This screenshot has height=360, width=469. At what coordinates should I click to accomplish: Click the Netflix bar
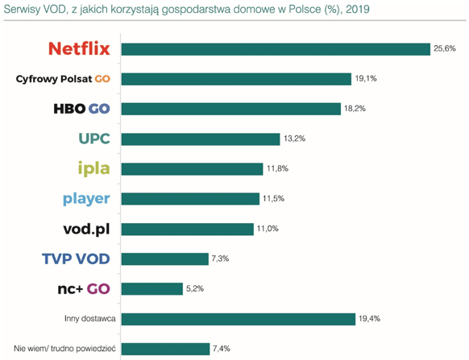tap(276, 49)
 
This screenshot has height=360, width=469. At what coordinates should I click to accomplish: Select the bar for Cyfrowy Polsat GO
tap(236, 79)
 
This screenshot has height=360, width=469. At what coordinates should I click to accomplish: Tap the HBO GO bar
tap(231, 109)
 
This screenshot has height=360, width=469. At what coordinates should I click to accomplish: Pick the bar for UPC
tap(201, 139)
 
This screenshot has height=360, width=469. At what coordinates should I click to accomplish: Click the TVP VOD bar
tap(165, 259)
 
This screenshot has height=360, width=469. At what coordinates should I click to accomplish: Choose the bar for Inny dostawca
tap(239, 319)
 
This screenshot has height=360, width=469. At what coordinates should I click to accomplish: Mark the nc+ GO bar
tap(152, 289)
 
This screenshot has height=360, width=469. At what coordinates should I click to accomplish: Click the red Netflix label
tap(79, 48)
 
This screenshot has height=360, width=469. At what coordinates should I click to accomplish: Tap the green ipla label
tap(94, 168)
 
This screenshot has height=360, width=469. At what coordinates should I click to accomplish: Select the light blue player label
tap(86, 199)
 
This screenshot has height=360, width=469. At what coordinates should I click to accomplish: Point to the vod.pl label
tap(86, 229)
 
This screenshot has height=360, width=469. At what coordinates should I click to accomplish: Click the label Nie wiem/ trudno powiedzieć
tap(64, 349)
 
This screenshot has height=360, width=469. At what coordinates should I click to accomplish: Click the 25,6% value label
tap(445, 48)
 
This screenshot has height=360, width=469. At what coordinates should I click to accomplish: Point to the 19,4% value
tap(369, 318)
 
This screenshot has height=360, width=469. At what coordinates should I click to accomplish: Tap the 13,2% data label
tap(294, 139)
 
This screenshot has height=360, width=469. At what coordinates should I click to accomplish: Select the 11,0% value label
tap(268, 229)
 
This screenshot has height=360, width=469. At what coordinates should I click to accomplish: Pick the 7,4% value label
tap(222, 349)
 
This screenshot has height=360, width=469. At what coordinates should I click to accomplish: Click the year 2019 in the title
tap(358, 10)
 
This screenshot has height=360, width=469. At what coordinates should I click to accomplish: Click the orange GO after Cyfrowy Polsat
tap(102, 79)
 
